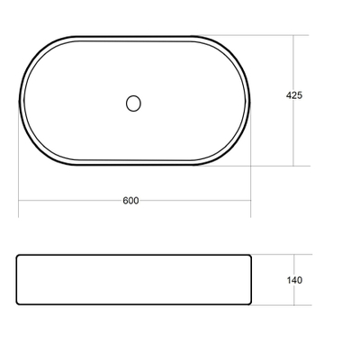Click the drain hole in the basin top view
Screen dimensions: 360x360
[x=133, y=103]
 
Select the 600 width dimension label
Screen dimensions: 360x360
[x=130, y=200]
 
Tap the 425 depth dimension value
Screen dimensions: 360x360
[x=293, y=94]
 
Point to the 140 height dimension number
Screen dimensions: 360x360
[x=293, y=280]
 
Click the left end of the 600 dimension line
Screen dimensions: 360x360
[x=19, y=200]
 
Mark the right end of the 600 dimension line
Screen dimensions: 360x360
[x=250, y=200]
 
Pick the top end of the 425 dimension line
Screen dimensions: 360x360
[x=294, y=36]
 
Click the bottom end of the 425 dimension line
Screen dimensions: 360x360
[x=294, y=166]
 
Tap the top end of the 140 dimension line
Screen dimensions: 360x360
[x=294, y=256]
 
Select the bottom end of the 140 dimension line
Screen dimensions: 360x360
[x=294, y=305]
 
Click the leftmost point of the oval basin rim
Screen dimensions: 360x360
[x=19, y=101]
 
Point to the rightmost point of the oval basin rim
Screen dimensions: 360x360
[x=251, y=101]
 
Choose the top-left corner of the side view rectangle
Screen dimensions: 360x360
[x=18, y=256]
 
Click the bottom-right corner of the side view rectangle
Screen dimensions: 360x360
[x=251, y=304]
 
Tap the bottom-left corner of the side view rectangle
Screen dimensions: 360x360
[x=18, y=304]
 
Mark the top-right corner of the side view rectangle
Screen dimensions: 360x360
[x=251, y=256]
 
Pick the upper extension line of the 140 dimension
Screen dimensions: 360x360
[x=279, y=256]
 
